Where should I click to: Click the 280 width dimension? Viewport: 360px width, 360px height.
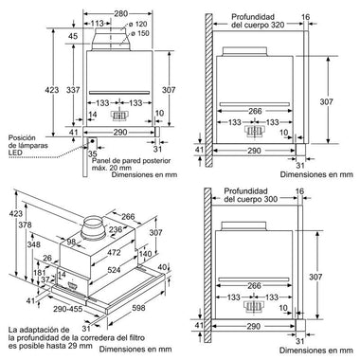(x=120, y=13)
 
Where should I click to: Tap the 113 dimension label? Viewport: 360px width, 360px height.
(x=97, y=24)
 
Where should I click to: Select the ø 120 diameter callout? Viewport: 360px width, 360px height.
(x=137, y=25)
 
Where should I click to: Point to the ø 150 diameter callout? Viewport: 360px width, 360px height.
(x=139, y=33)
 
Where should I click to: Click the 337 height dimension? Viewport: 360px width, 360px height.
(x=73, y=90)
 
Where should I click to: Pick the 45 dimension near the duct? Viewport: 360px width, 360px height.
(x=73, y=36)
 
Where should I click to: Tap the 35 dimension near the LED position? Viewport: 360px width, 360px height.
(x=92, y=153)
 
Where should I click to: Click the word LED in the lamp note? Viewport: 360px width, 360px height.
(x=15, y=153)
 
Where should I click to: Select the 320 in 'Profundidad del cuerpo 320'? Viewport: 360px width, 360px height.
(x=277, y=25)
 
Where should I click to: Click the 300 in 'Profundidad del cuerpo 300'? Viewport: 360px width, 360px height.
(x=271, y=199)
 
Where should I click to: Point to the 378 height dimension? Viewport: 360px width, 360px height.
(x=25, y=225)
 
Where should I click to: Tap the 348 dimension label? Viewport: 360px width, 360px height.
(x=33, y=244)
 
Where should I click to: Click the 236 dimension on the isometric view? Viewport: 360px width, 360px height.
(x=116, y=229)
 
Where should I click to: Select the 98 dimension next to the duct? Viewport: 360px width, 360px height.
(x=72, y=242)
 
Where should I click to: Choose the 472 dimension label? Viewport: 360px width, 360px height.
(x=114, y=252)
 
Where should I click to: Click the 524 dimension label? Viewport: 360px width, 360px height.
(x=114, y=270)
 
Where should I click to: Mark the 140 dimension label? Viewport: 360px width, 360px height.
(x=145, y=254)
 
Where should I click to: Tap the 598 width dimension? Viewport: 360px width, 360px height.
(x=138, y=307)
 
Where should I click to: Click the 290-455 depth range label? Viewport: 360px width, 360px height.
(x=68, y=309)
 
